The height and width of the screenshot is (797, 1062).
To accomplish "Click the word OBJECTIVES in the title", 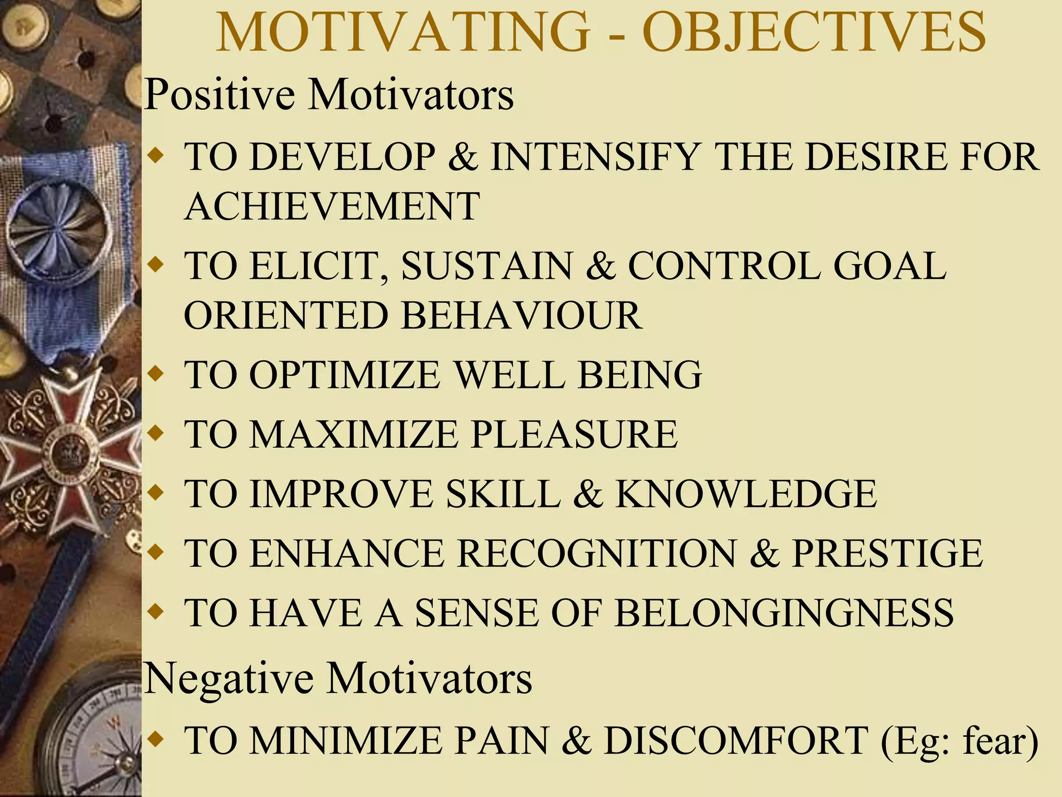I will (x=814, y=32).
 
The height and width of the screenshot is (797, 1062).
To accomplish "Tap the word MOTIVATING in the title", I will (x=403, y=32).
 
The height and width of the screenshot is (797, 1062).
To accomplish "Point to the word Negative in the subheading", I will (x=229, y=679).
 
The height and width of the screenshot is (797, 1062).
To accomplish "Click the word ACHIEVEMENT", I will (x=332, y=207).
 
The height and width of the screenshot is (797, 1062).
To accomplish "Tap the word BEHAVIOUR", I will (x=522, y=315).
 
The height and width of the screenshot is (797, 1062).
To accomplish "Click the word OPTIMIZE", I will (x=345, y=375).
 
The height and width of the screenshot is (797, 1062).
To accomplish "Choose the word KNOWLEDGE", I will (x=746, y=494).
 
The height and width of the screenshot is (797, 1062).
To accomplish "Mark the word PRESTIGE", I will (x=887, y=554).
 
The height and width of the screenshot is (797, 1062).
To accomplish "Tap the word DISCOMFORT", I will (x=736, y=741).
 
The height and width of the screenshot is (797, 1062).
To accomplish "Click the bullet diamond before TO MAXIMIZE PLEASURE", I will (x=155, y=432).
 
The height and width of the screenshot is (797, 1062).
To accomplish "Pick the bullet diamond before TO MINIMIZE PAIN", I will (x=155, y=739).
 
